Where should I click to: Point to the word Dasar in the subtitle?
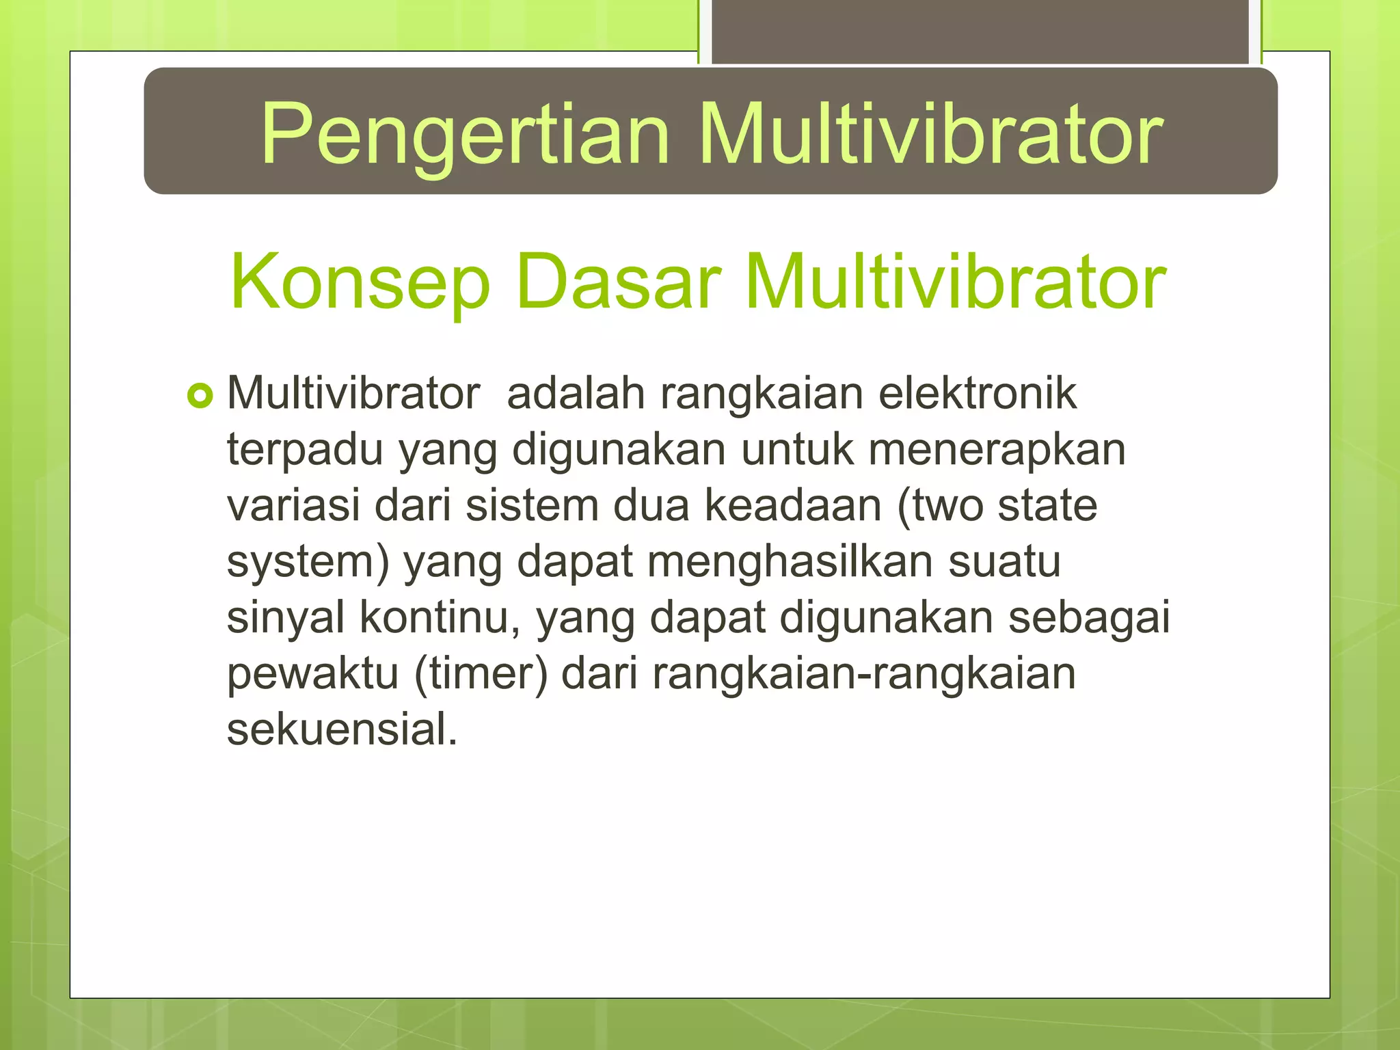coord(619,282)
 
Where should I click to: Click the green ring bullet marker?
coord(200,396)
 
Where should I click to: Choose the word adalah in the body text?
coord(576,394)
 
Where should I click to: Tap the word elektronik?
coord(978,394)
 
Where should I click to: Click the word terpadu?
coord(304,451)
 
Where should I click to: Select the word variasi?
coord(293,506)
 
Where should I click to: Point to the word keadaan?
coord(793,506)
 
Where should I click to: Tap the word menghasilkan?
coord(790,562)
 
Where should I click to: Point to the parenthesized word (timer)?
coord(481,674)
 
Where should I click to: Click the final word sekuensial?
coord(342,729)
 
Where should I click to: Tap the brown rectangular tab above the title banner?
coord(980,31)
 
